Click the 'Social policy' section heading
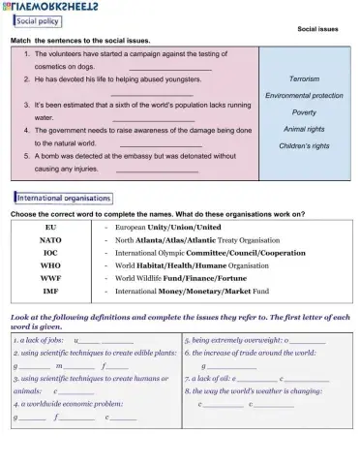coord(39,21)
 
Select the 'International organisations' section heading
coord(62,199)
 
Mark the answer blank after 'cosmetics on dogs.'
coord(170,67)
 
